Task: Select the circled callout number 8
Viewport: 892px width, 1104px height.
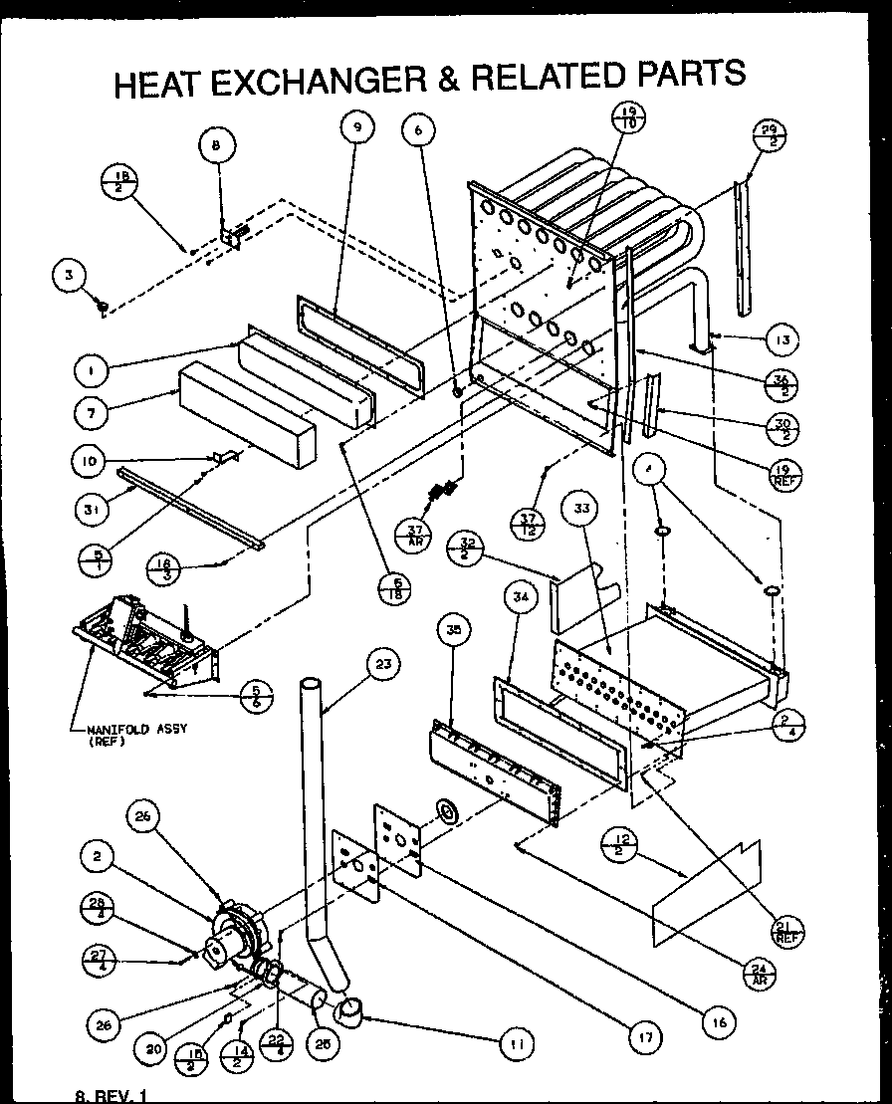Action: [x=216, y=145]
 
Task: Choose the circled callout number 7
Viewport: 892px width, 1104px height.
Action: [x=91, y=409]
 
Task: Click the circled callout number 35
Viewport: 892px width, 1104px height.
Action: [x=453, y=630]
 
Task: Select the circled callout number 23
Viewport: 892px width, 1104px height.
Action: [x=381, y=662]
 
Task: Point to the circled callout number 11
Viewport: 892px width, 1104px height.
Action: [x=516, y=1043]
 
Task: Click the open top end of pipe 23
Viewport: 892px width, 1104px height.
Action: [x=311, y=684]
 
